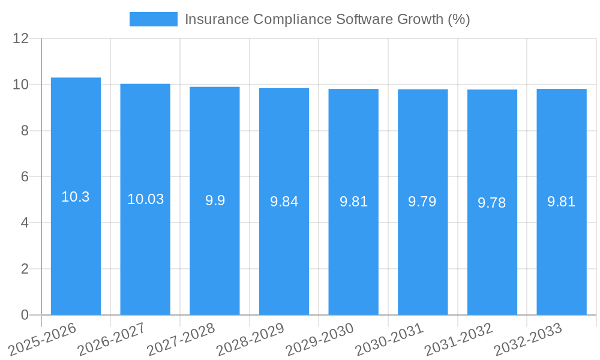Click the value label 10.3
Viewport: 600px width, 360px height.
(x=76, y=197)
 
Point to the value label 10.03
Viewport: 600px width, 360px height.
(x=145, y=199)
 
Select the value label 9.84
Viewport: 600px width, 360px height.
(x=284, y=202)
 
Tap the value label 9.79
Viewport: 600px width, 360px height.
(x=422, y=202)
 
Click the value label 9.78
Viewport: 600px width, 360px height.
(x=492, y=203)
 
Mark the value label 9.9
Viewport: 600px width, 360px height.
(x=215, y=200)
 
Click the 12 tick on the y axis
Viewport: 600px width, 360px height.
(x=21, y=38)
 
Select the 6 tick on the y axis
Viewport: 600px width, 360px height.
(x=25, y=176)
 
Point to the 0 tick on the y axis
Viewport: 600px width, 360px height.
(x=25, y=315)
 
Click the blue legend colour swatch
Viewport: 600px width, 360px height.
(x=154, y=19)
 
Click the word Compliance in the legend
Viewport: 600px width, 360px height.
(x=292, y=19)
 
